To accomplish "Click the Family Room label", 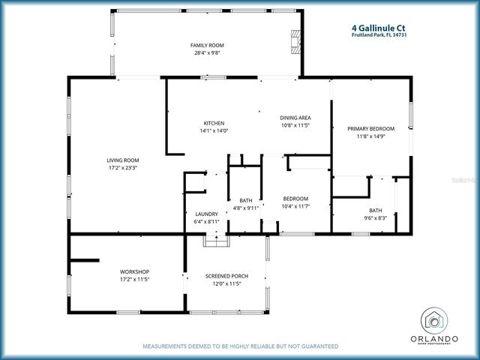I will point(207,45).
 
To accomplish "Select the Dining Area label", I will point(295,118).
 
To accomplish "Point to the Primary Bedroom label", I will point(370,129).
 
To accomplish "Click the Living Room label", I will point(122,160).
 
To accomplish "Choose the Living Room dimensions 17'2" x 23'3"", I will point(122,168).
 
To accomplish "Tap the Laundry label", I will point(206,214).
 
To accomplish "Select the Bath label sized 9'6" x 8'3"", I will point(376,210).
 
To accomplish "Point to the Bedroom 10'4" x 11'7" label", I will point(295,198).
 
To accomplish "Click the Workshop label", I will point(135,271).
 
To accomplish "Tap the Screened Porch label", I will point(226,276).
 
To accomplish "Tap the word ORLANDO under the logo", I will point(434,339).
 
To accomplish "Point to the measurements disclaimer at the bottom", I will point(240,346).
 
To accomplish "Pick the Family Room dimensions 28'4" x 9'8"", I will point(207,53).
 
